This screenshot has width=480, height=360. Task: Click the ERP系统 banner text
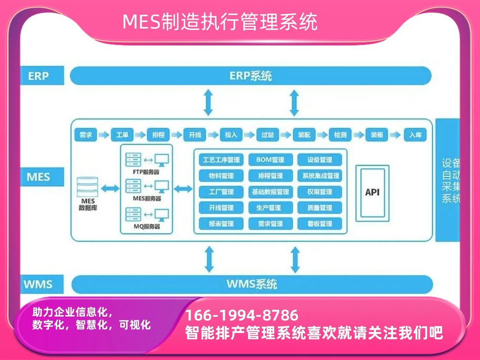coord(251,76)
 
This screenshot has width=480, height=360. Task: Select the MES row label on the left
coord(38,176)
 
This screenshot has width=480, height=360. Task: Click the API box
coord(372,192)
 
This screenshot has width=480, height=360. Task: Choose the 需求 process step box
coord(85,135)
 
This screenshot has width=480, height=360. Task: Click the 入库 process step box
coord(415,135)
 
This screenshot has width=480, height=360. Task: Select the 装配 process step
coord(305,135)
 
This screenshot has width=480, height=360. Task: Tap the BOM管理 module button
coord(270,160)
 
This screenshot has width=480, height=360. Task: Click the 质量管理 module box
coord(319,207)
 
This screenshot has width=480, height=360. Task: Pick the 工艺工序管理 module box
coord(221,160)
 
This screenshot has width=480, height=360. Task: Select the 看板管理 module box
coord(319,224)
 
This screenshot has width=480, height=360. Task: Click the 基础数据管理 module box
coord(270,192)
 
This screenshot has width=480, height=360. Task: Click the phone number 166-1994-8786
coord(242,315)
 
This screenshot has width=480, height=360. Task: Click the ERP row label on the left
coord(38,76)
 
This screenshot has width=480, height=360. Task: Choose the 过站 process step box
coord(268,135)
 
